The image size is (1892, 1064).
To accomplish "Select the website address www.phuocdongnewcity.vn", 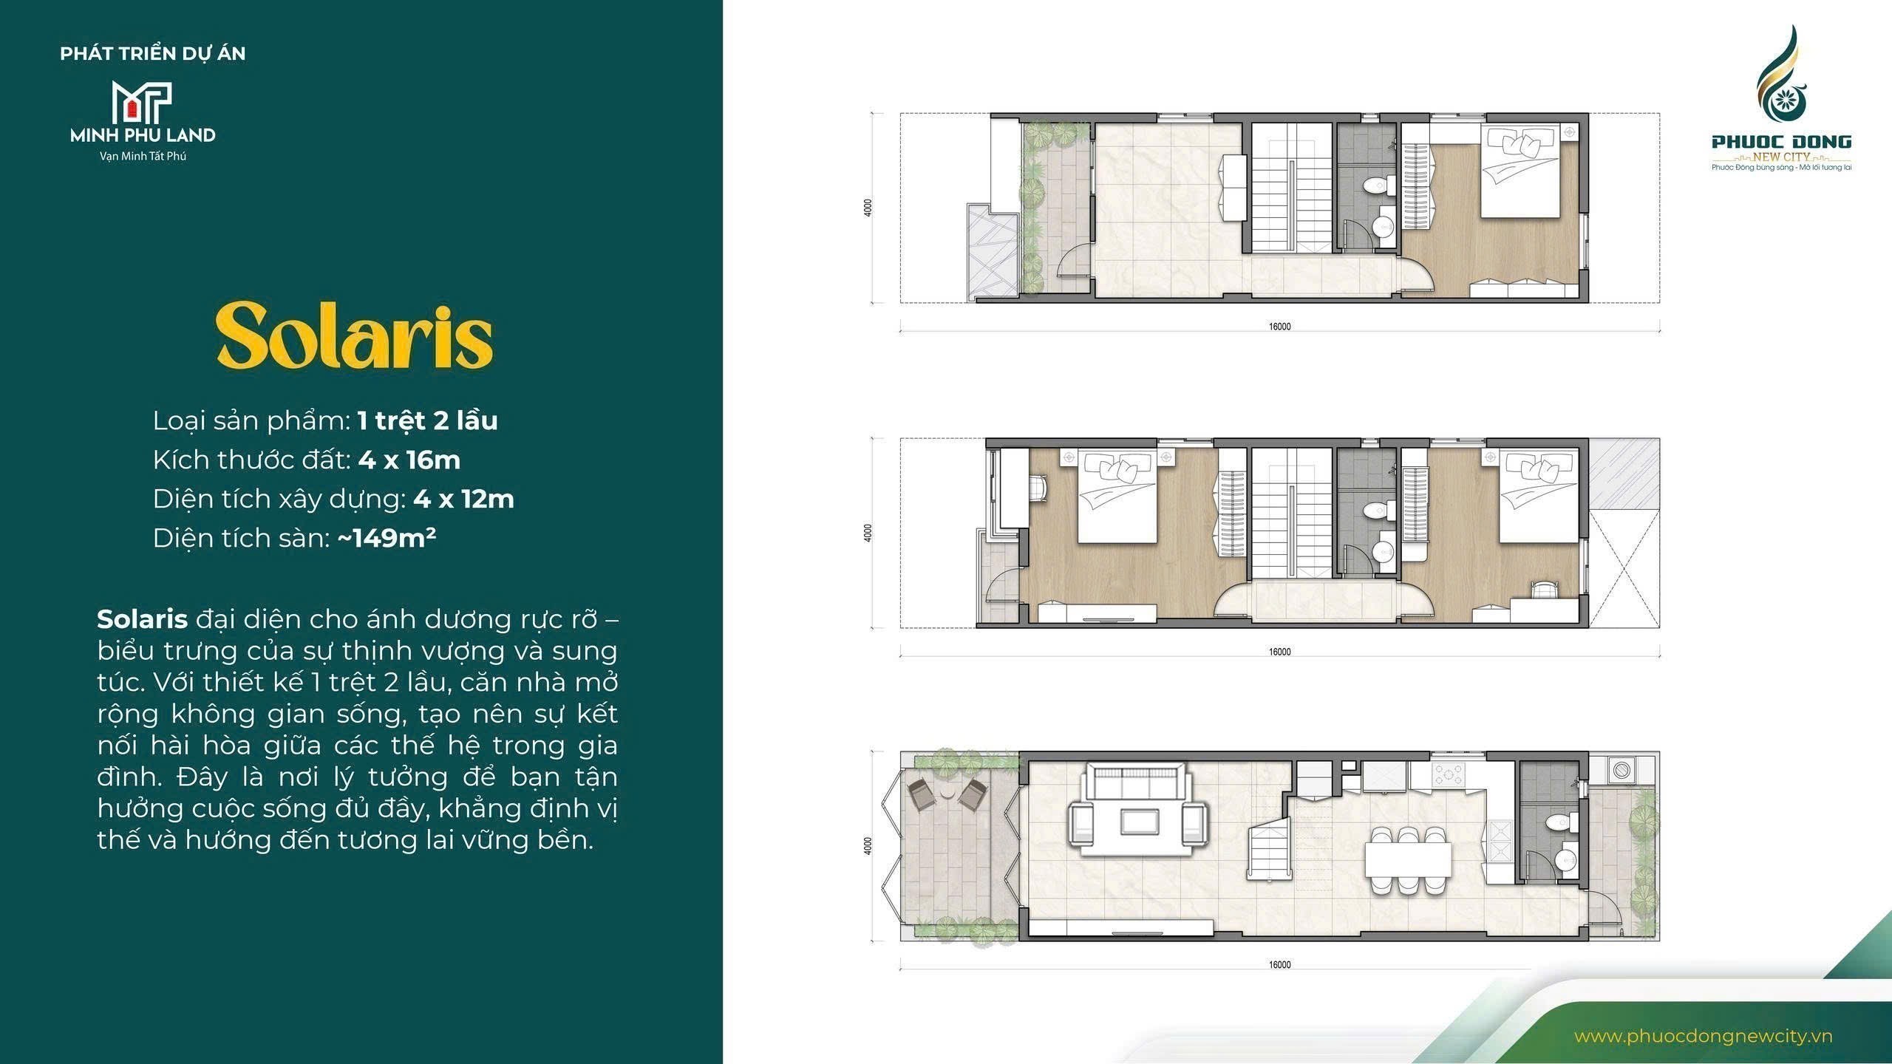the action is [x=1703, y=1036].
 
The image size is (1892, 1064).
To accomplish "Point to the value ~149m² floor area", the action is [x=387, y=537].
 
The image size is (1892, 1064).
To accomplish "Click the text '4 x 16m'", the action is [x=409, y=460].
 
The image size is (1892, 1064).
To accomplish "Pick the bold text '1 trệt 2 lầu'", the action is [x=428, y=420].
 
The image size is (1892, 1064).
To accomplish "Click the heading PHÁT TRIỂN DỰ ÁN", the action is [x=153, y=53].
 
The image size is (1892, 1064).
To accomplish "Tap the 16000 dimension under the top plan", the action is [x=1279, y=327].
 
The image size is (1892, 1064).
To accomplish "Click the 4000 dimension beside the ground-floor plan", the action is [x=868, y=845].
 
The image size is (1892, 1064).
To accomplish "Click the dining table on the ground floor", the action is [x=1408, y=860].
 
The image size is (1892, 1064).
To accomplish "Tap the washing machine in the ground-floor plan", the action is [x=1622, y=771].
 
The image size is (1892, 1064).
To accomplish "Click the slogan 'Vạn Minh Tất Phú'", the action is [x=143, y=157].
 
